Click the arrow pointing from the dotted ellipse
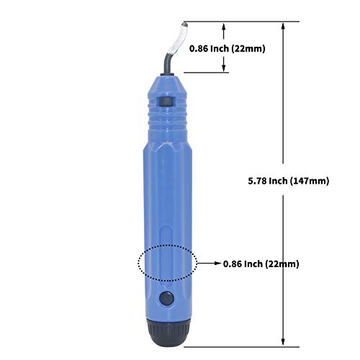[209, 264]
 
